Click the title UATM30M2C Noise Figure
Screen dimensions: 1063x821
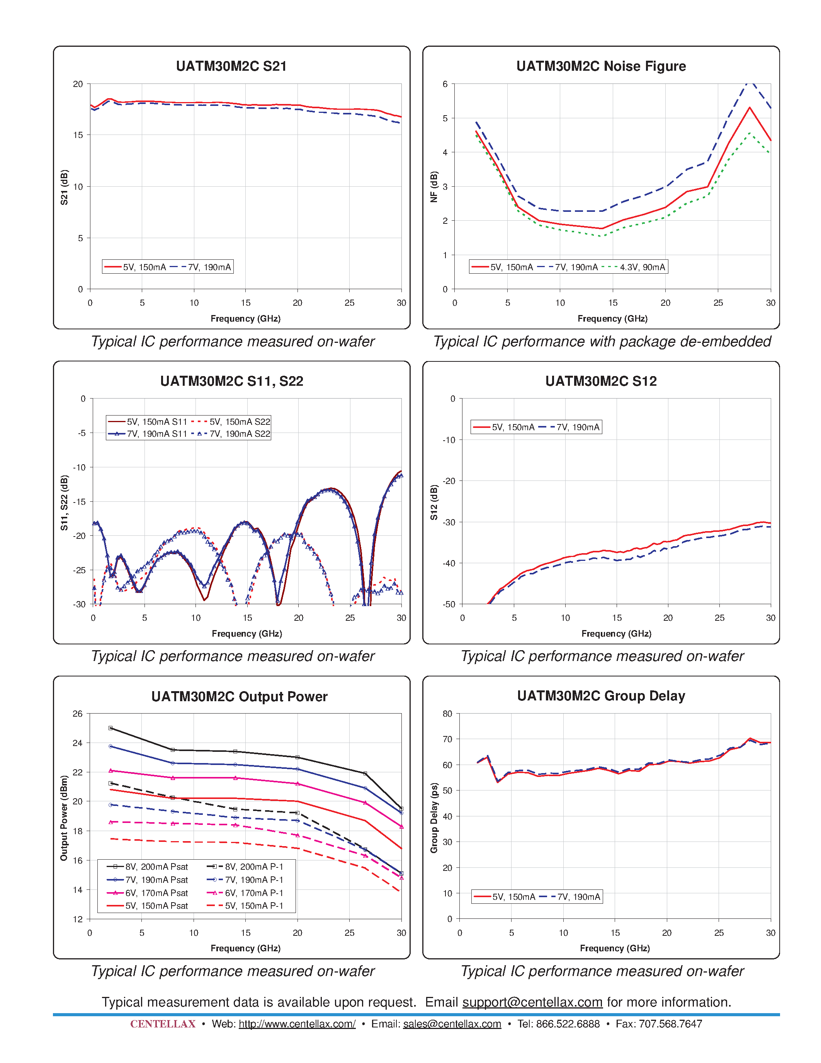click(601, 66)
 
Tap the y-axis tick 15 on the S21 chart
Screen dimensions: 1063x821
click(78, 135)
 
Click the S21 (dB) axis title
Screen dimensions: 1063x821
click(64, 187)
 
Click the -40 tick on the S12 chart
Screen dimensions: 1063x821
click(449, 563)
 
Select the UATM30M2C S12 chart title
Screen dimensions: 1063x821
click(601, 381)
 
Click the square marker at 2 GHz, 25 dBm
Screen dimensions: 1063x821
click(110, 728)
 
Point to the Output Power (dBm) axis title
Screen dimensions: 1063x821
click(64, 818)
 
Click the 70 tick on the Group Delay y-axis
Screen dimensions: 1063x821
click(447, 739)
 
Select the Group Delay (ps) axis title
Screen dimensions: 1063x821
click(434, 818)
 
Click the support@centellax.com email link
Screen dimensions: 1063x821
click(532, 1002)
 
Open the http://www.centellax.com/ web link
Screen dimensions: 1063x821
click(297, 1024)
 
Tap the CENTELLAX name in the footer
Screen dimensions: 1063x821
click(162, 1024)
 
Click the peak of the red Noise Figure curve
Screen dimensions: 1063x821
click(750, 107)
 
